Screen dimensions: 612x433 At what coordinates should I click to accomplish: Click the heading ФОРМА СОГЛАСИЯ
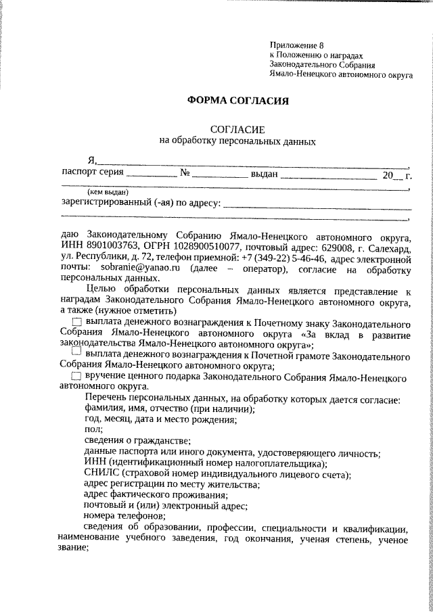[x=237, y=101]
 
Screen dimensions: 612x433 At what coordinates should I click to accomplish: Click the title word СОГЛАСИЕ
[x=237, y=128]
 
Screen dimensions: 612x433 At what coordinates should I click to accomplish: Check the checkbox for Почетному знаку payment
[x=76, y=321]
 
